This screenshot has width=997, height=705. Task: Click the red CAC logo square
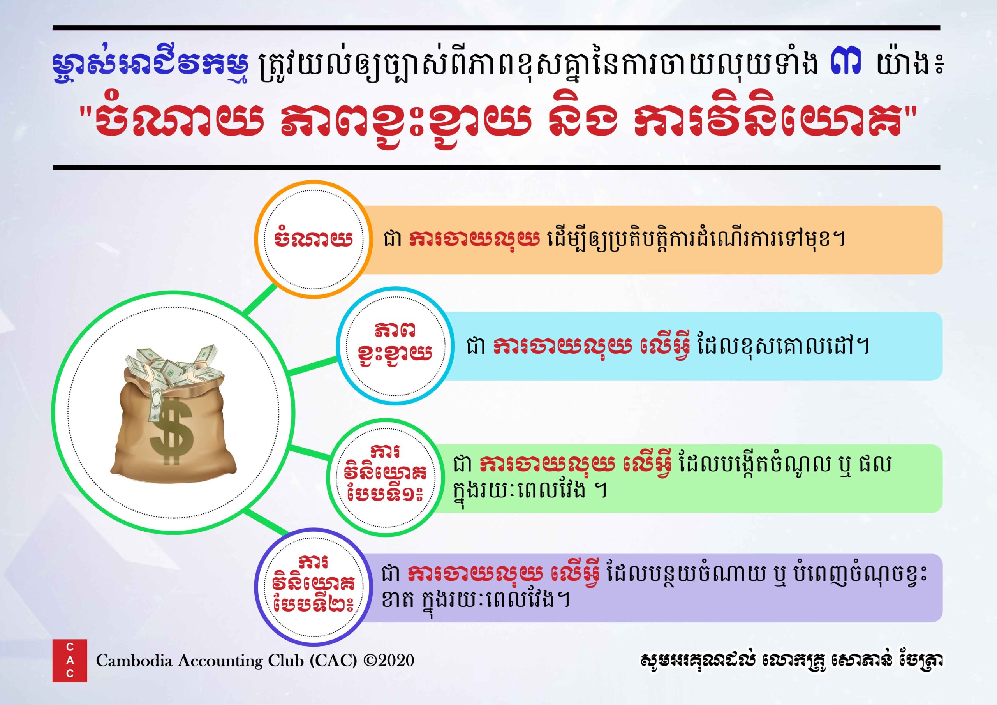69,661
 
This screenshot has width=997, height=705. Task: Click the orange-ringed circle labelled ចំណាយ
313,239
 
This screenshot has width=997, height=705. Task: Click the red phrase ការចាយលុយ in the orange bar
474,240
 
